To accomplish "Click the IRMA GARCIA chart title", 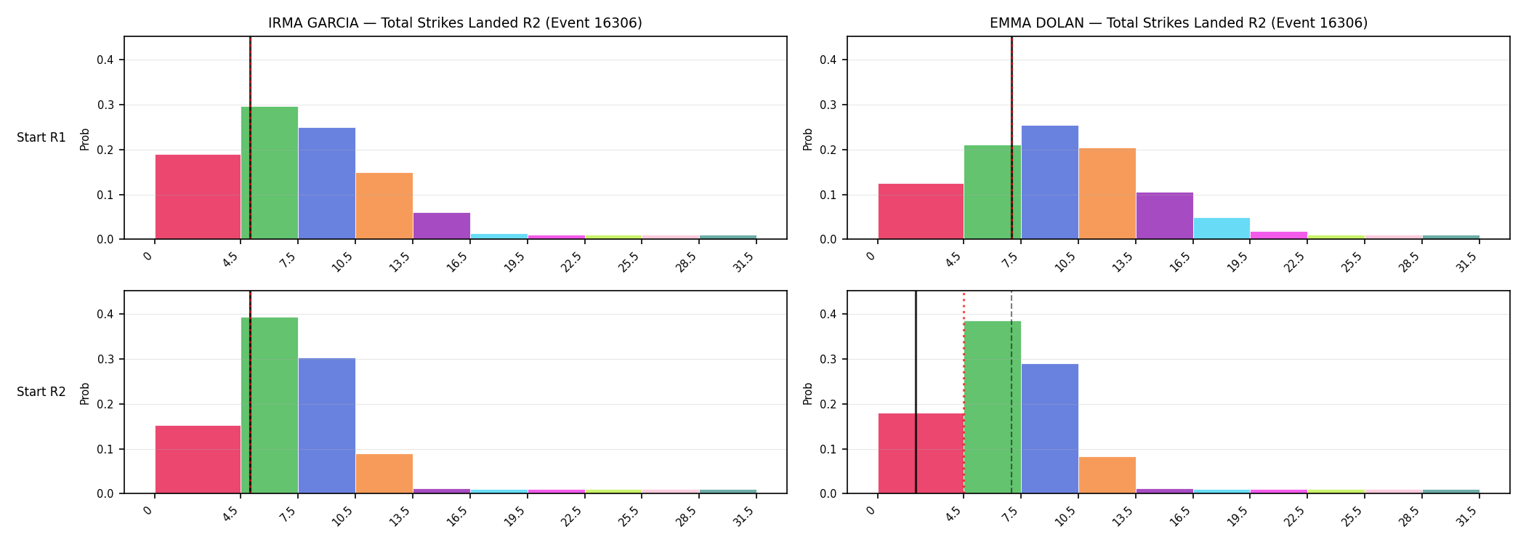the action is click(x=455, y=23).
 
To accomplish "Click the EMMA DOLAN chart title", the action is click(x=1178, y=23).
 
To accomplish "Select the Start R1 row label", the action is click(x=41, y=137).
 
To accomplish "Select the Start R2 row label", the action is click(x=41, y=392).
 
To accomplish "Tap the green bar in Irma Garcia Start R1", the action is click(x=270, y=173).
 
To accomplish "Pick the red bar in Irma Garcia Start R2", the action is click(x=198, y=459).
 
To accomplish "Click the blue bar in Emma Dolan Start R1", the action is click(x=1049, y=182).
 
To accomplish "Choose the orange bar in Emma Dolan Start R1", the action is click(x=1107, y=193).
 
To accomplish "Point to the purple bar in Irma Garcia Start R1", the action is click(x=441, y=226).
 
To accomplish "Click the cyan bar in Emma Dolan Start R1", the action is click(x=1222, y=228).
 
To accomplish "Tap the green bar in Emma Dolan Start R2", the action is click(x=992, y=407).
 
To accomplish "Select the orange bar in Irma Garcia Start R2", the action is click(x=384, y=474).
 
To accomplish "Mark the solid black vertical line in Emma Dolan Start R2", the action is click(x=916, y=392).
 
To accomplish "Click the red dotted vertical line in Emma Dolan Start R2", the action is click(x=964, y=392).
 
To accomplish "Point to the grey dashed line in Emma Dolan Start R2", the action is click(x=1011, y=392).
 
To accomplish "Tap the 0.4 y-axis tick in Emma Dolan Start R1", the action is click(x=828, y=60).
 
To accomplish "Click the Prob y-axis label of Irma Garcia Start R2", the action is click(x=85, y=393).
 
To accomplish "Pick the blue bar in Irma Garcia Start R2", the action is click(x=326, y=426).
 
